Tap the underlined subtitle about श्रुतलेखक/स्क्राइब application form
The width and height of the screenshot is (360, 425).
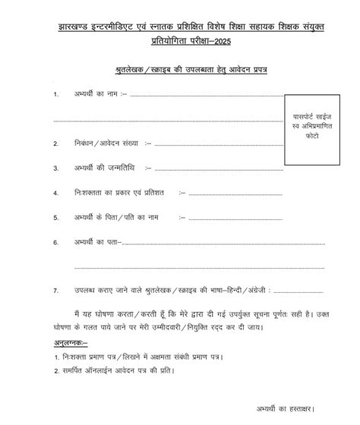click(x=180, y=69)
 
